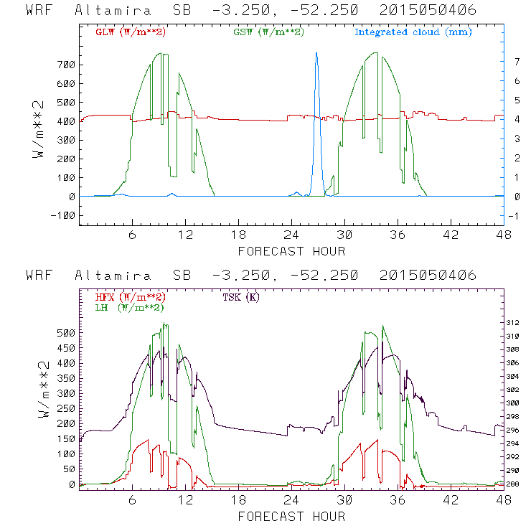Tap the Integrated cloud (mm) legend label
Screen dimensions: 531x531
(x=413, y=32)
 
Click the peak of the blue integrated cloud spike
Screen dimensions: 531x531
(x=316, y=53)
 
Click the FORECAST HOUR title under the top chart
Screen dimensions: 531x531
(x=291, y=251)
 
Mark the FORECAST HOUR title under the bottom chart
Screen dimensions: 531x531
(x=291, y=516)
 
